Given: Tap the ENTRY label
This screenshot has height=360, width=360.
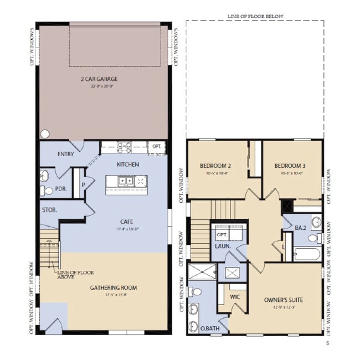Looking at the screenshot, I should coord(67,154).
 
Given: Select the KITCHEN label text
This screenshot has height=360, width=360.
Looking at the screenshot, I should coord(127,164).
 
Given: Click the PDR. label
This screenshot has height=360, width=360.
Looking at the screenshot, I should coord(61,188).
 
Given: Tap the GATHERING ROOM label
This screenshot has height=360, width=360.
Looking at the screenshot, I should coord(113,288).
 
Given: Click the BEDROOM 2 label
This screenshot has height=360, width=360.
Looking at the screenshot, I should coord(215,166).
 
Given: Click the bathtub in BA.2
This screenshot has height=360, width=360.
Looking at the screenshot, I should coord(306,255).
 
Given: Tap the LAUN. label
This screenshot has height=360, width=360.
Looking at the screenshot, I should coord(223,245).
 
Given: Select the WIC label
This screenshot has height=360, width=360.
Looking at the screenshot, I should coord(235,297).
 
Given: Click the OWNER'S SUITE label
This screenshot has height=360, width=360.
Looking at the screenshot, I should coord(283,300).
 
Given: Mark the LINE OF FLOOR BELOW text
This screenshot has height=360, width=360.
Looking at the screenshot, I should coord(255,17).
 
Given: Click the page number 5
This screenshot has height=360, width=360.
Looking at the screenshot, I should coord(327,343).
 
